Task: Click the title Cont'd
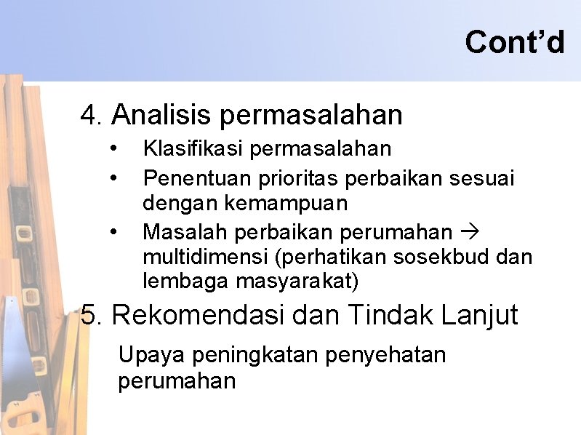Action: (514, 41)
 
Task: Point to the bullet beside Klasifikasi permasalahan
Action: (114, 149)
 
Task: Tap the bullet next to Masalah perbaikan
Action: (114, 232)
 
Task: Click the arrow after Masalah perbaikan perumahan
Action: (468, 232)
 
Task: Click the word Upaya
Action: (145, 355)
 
